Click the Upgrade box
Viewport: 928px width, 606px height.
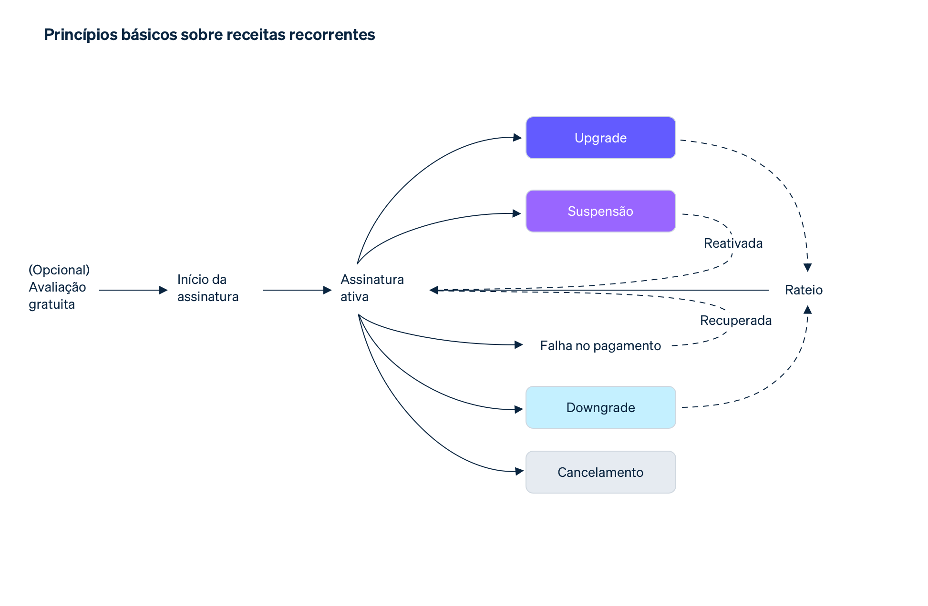(600, 138)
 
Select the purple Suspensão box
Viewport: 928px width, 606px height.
(600, 211)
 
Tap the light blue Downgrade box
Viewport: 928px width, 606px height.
(600, 407)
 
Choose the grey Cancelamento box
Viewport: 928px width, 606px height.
(600, 472)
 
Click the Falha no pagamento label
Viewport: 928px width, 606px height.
(600, 345)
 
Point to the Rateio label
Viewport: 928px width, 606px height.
(804, 290)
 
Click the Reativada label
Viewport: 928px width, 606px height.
(733, 243)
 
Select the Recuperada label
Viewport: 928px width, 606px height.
(735, 320)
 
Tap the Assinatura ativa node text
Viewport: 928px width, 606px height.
(371, 288)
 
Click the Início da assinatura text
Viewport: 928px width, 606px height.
(207, 288)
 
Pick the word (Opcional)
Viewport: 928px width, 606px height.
(59, 270)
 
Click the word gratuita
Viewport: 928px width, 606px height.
(52, 304)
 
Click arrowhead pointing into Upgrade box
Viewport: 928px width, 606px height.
(517, 138)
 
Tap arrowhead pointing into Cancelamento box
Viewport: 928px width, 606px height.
(519, 472)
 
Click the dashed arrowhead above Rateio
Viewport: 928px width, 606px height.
(807, 267)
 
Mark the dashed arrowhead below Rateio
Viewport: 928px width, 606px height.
(807, 310)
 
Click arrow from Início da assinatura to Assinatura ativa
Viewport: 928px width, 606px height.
(297, 290)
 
